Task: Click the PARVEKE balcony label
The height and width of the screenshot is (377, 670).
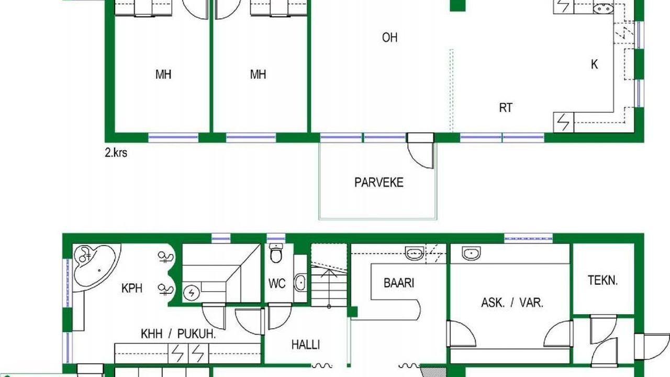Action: (378, 183)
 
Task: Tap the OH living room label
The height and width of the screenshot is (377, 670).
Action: (390, 37)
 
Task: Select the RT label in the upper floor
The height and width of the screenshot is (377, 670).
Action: (506, 108)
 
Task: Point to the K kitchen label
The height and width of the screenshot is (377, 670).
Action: (594, 64)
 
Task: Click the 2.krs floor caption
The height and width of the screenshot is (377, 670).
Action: (116, 153)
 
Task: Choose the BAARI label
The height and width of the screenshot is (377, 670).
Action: (399, 283)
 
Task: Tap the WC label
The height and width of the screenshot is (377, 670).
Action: (277, 284)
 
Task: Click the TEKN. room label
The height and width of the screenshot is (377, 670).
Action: (602, 280)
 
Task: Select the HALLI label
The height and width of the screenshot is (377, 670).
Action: (305, 345)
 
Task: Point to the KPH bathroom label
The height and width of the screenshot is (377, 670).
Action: (131, 288)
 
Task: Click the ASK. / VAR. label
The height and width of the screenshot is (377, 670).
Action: (512, 303)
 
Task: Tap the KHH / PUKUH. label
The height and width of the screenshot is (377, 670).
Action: (178, 334)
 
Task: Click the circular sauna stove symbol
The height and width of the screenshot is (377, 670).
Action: (192, 293)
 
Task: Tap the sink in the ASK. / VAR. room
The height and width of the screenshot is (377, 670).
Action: (471, 253)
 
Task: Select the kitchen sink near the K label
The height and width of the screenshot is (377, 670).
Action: (604, 9)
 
